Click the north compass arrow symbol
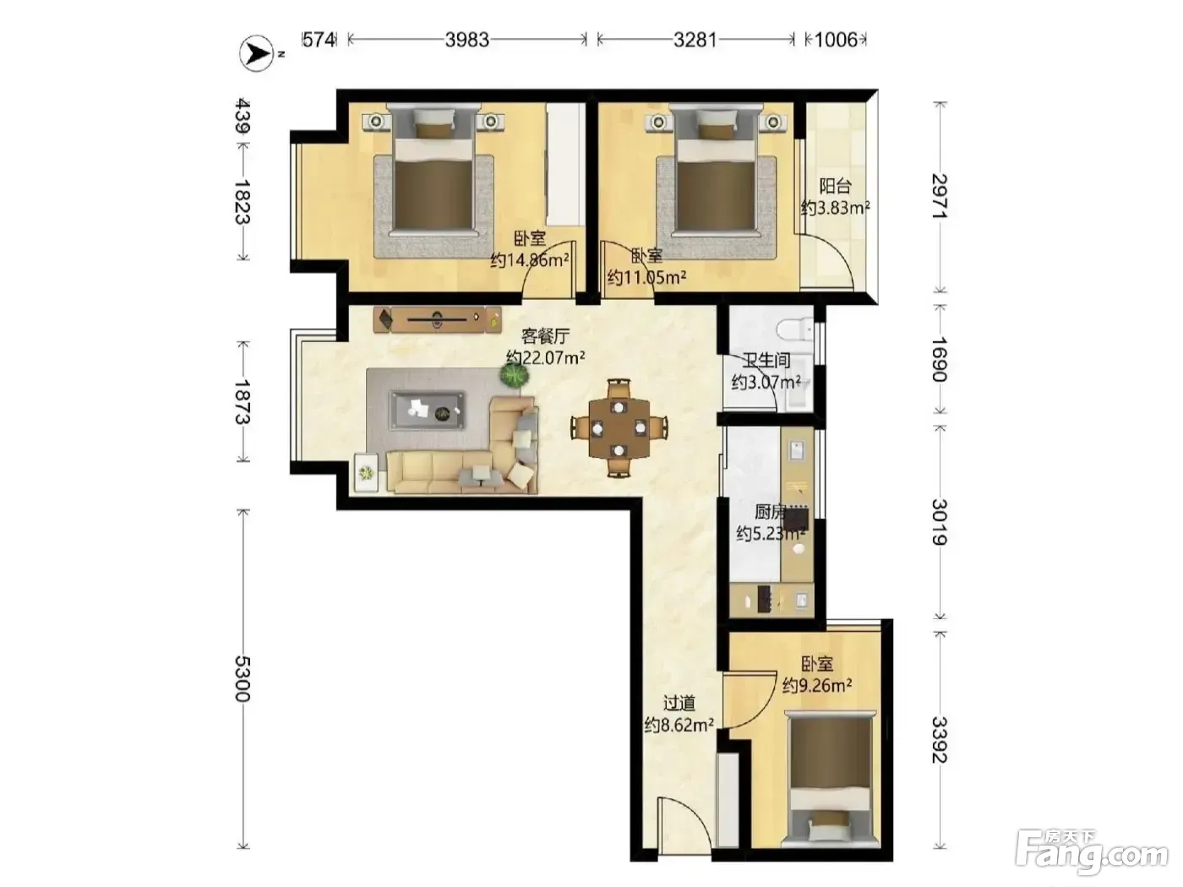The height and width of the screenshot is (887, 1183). tap(257, 53)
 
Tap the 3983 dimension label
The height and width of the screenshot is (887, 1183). tap(466, 40)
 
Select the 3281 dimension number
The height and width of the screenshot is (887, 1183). tap(695, 40)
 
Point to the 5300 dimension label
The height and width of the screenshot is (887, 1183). tap(243, 678)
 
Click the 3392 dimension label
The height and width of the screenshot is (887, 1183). tap(940, 739)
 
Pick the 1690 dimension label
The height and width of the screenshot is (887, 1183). tap(940, 359)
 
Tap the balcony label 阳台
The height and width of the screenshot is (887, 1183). tap(835, 187)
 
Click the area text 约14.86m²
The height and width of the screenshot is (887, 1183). tap(530, 261)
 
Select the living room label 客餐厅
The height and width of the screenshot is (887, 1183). tap(545, 336)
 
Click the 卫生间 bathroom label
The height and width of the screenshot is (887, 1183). tap(766, 361)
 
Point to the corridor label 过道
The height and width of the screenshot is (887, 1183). tap(679, 704)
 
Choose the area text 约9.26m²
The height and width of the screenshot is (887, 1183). tap(817, 686)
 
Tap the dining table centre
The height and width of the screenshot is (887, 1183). tap(619, 428)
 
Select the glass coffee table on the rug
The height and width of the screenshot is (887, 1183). tap(428, 411)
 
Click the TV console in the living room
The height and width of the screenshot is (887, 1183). tap(438, 319)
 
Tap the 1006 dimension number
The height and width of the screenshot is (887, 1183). tap(836, 40)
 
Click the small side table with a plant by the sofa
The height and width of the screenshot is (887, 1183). tap(367, 473)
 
